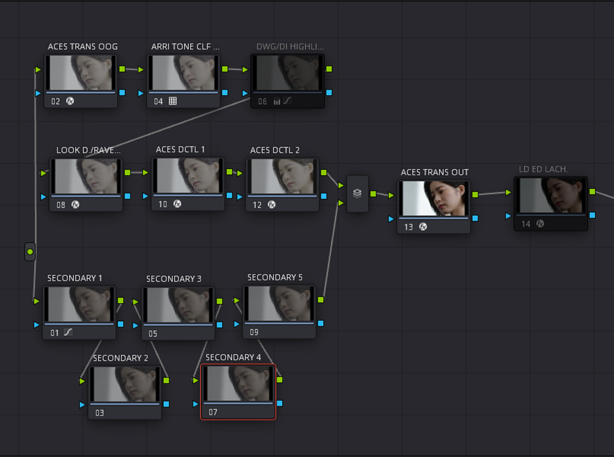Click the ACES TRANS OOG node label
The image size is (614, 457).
(x=83, y=47)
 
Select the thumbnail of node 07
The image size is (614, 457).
(x=238, y=383)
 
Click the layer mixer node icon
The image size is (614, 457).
(x=357, y=193)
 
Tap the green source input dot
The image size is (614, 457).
(x=30, y=251)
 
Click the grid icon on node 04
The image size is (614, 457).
(x=173, y=101)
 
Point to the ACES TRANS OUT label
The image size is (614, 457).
(x=435, y=173)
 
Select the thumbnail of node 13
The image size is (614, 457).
(x=434, y=198)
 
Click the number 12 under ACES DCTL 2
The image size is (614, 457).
(x=257, y=205)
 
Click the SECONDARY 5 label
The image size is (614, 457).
(x=275, y=278)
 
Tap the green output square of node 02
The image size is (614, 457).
(x=122, y=69)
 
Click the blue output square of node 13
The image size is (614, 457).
(x=475, y=218)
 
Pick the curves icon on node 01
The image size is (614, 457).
(x=68, y=332)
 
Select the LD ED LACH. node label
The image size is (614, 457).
(x=543, y=169)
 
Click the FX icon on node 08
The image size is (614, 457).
(x=75, y=205)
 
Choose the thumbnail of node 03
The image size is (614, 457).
(x=125, y=384)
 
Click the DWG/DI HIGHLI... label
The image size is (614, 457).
(x=290, y=47)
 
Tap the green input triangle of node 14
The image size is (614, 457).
(x=508, y=193)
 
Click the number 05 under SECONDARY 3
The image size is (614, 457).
(x=153, y=334)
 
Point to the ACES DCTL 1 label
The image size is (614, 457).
(x=180, y=149)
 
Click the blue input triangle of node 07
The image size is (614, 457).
(x=195, y=404)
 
